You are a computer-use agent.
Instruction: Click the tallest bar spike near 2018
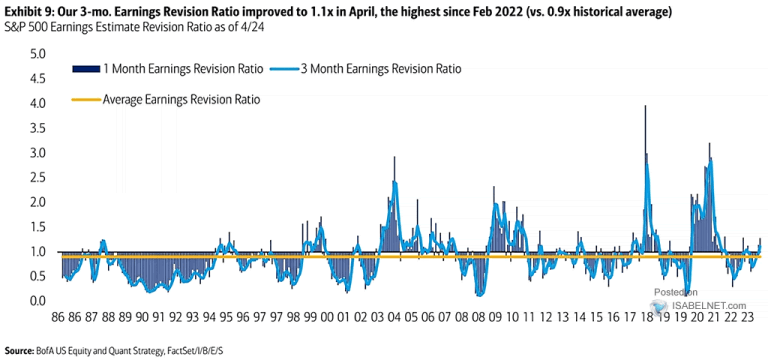click(645, 107)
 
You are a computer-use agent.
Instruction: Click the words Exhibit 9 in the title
click(27, 12)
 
